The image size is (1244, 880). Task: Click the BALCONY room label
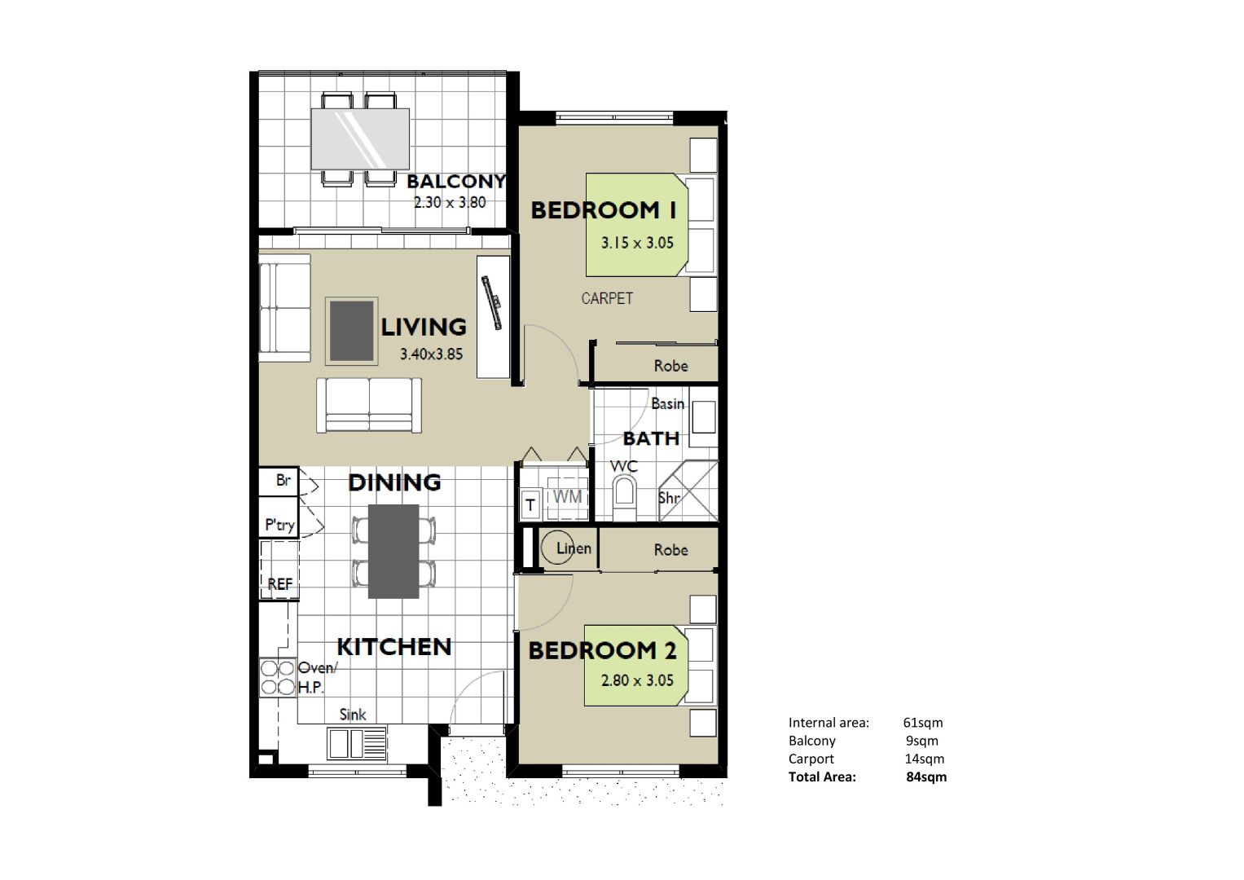coord(456,181)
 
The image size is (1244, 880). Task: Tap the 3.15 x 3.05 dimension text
coord(637,243)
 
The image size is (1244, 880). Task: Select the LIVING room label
coord(424,328)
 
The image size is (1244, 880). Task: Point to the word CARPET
coord(607,298)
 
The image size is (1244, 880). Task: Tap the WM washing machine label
coord(568,496)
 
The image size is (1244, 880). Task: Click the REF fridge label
coord(280,584)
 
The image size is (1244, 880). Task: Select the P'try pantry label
coord(279,525)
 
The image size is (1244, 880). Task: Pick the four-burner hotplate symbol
coord(278,677)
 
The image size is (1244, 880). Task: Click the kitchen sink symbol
coord(357,743)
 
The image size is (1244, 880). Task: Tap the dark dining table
coord(393,551)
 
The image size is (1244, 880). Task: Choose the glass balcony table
coord(360,139)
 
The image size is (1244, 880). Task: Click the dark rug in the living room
coord(352,331)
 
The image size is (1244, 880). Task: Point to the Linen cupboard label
coord(574,548)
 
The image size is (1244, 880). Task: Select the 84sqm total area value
coord(926,777)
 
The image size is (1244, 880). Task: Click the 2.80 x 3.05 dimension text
coord(637,680)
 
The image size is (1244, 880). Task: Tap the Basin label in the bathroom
coord(667,403)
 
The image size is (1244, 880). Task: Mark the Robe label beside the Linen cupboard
coord(670,549)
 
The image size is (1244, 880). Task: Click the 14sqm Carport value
coord(924,759)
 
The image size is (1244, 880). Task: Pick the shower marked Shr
coord(688,491)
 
